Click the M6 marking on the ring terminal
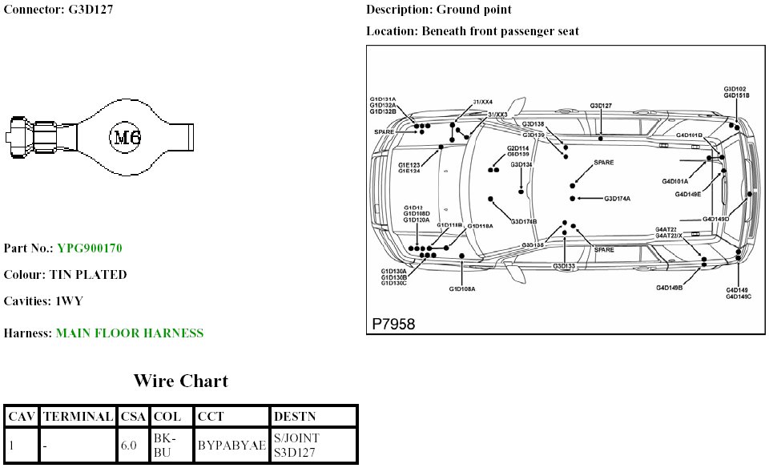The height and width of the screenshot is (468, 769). coord(126,137)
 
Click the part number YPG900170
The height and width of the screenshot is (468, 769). coord(89,248)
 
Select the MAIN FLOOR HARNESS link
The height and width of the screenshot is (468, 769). coord(129,333)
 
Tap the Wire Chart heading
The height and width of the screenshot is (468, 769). coord(180,381)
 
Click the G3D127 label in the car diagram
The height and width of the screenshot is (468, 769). coord(601,106)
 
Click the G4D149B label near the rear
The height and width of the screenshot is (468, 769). coord(669,287)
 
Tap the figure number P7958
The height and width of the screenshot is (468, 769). coord(393,324)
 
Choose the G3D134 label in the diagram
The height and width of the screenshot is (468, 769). coord(521,164)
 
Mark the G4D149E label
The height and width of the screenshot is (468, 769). coord(687,194)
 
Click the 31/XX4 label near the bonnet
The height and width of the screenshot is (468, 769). coord(483,103)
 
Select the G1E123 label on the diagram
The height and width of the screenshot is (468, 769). coord(409,164)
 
